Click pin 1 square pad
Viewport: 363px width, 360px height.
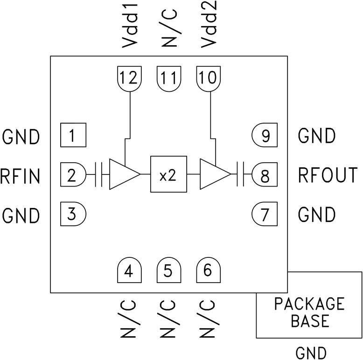pyautogui.click(x=72, y=136)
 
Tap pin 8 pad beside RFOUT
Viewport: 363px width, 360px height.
pyautogui.click(x=265, y=176)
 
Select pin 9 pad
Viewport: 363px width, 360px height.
pyautogui.click(x=265, y=136)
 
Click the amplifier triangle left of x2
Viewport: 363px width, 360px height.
pyautogui.click(x=123, y=174)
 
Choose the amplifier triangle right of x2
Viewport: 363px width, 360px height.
pyautogui.click(x=213, y=174)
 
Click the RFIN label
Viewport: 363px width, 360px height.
pyautogui.click(x=20, y=176)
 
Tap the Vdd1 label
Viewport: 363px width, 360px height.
pyautogui.click(x=128, y=28)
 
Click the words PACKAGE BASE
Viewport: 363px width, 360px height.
pyautogui.click(x=309, y=312)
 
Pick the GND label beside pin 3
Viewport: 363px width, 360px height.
pyautogui.click(x=21, y=215)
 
